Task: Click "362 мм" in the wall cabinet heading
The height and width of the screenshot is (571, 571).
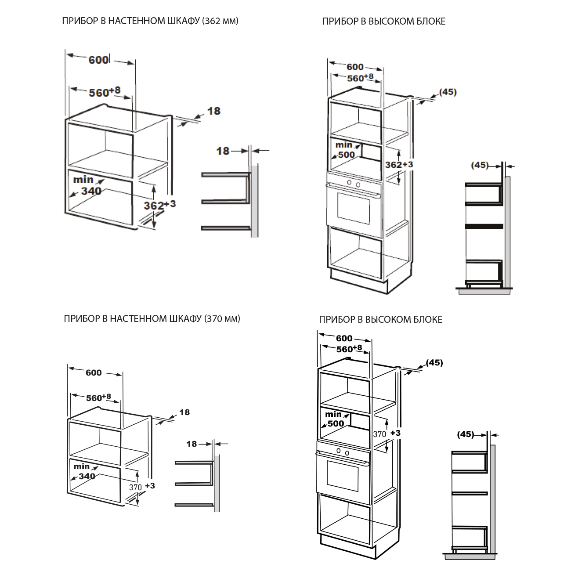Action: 220,21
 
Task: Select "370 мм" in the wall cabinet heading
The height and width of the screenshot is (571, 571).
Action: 222,318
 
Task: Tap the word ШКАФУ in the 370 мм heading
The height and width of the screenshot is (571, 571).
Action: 185,318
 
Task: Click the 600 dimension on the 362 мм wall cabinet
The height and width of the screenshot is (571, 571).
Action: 99,60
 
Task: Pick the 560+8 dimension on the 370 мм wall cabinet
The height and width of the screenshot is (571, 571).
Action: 98,398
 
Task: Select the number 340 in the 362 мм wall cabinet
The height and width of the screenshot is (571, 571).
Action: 91,191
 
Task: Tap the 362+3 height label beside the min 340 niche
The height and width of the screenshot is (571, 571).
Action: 160,205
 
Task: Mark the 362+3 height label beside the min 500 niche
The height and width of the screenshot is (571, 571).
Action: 399,164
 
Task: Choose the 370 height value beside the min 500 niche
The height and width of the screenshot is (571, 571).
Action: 379,434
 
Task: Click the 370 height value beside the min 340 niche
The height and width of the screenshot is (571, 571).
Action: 135,487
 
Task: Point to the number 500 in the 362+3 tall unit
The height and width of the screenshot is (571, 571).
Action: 347,154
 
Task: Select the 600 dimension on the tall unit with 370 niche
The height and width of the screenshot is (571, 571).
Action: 344,338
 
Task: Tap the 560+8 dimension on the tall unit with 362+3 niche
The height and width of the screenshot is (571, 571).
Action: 360,78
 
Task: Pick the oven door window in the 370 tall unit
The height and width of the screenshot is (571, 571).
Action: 343,476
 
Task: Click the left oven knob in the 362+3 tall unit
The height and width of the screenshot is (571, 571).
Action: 349,182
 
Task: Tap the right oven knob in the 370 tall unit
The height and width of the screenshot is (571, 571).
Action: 347,453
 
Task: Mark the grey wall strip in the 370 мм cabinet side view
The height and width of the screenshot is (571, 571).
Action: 217,483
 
